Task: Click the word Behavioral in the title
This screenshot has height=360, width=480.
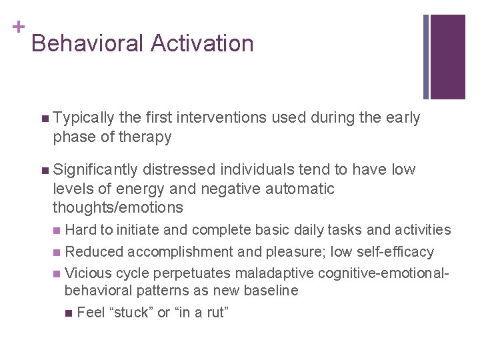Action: [x=87, y=43]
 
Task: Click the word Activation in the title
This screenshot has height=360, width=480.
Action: [x=202, y=43]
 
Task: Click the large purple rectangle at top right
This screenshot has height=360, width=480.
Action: [x=448, y=57]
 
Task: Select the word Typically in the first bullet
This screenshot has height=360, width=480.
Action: [x=84, y=118]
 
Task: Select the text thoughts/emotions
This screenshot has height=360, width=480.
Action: [x=118, y=207]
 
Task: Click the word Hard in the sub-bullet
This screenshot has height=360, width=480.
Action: [x=81, y=230]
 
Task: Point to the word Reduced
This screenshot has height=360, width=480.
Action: [x=94, y=251]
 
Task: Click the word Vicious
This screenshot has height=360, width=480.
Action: [x=89, y=273]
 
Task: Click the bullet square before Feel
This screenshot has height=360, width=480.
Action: [x=71, y=313]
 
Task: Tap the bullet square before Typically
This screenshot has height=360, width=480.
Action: [x=44, y=119]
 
